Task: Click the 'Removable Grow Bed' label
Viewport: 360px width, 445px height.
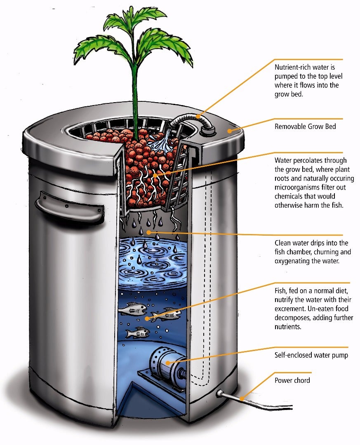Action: (x=305, y=127)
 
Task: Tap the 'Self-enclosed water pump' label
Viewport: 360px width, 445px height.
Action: (x=311, y=355)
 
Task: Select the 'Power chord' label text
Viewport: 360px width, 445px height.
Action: (x=292, y=380)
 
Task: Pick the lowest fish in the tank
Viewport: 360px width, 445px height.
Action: (x=138, y=332)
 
